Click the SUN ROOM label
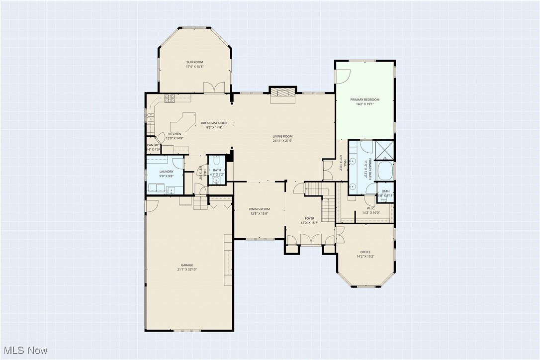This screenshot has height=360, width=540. (194, 62)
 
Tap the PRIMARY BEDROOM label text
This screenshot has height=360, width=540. (367, 99)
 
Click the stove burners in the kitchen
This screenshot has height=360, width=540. (169, 98)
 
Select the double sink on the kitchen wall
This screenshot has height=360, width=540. (150, 118)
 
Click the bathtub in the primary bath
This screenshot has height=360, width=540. (385, 171)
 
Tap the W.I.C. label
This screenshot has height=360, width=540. (371, 208)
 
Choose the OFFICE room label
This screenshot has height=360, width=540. (365, 252)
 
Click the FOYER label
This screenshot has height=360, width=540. (309, 218)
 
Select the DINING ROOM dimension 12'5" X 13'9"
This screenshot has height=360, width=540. (259, 213)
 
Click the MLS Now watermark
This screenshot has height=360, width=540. (24, 350)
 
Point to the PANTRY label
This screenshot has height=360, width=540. (153, 145)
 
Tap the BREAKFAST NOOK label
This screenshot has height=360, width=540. (214, 123)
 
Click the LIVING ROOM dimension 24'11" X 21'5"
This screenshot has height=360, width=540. (282, 141)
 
